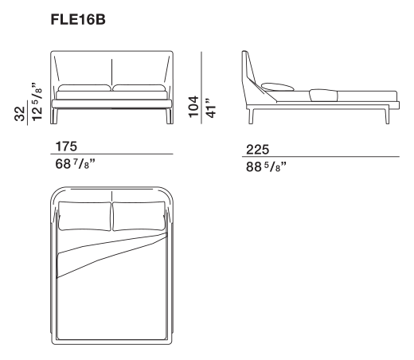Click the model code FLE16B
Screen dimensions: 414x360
click(x=78, y=20)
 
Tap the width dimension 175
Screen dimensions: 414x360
click(x=66, y=147)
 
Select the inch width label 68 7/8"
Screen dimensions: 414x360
click(x=75, y=164)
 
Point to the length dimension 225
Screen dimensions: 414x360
click(x=257, y=150)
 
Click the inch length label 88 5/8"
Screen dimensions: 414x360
click(x=266, y=166)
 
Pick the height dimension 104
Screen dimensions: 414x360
click(x=193, y=107)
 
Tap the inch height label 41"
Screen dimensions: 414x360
click(x=211, y=108)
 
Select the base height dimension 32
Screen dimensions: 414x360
click(x=20, y=114)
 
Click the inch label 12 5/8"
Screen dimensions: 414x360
click(x=37, y=102)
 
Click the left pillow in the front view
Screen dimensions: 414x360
click(x=84, y=88)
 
